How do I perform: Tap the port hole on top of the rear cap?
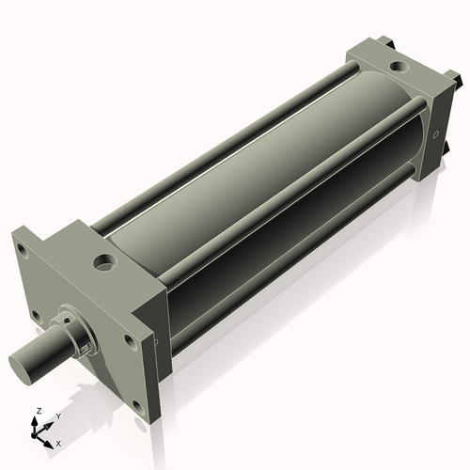click(x=399, y=68)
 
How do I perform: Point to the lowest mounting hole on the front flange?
click(x=137, y=406)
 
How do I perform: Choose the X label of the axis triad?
click(x=58, y=442)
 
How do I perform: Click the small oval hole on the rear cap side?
click(x=435, y=134)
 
